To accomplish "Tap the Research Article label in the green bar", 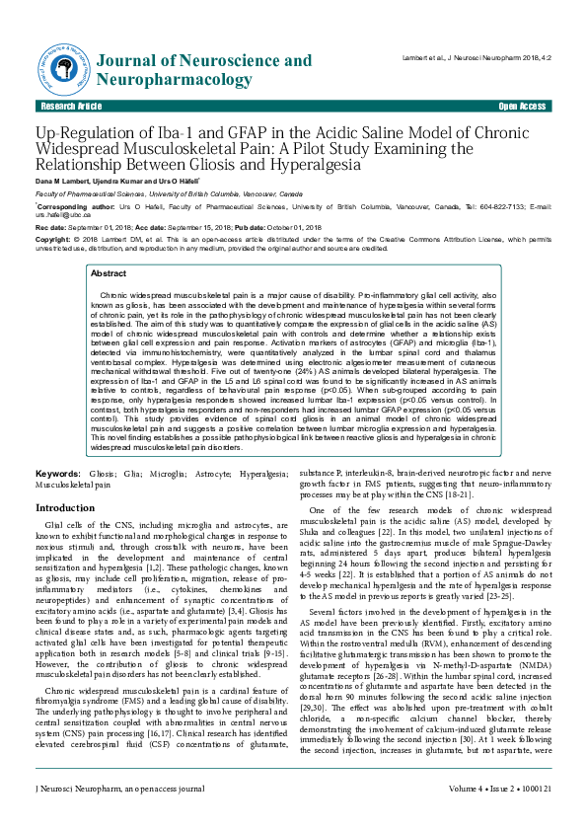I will point(70,106).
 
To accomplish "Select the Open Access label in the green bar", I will point(522,106).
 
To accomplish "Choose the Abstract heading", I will point(109,273).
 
